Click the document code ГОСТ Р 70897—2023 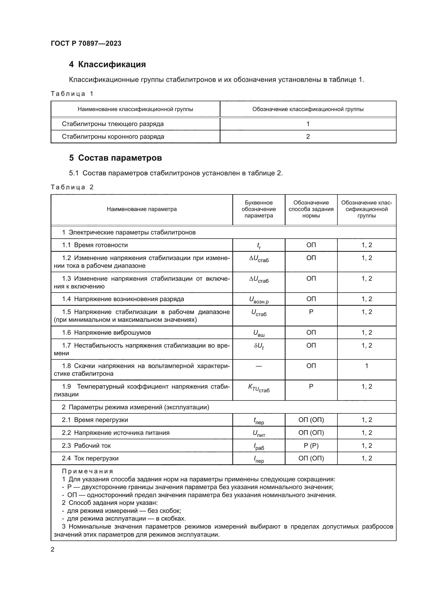tap(86, 43)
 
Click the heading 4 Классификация tap(107, 65)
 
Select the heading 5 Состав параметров tap(115, 158)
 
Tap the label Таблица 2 tap(72, 187)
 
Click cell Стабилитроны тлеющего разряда tap(113, 124)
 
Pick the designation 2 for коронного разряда tap(308, 137)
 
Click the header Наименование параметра tap(141, 209)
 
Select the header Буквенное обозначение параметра tap(259, 209)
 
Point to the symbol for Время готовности tap(259, 245)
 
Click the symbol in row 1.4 tap(259, 300)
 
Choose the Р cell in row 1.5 tap(311, 312)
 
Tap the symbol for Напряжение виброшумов tap(259, 333)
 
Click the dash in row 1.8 tap(259, 366)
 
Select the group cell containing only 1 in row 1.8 tap(367, 366)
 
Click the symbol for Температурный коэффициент tap(259, 388)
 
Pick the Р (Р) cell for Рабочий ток tap(311, 446)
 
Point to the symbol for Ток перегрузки tap(259, 459)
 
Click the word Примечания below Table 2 tap(87, 472)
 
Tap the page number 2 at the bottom tap(53, 550)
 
